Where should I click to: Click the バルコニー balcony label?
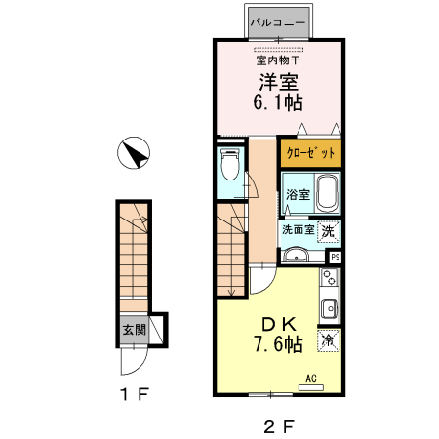tap(278, 22)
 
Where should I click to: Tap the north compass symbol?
tap(134, 152)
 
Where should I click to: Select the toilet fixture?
tap(230, 164)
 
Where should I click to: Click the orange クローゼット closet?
tap(310, 153)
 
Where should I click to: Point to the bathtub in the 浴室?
tap(328, 193)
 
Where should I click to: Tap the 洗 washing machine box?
tap(328, 231)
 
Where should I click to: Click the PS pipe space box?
tap(335, 258)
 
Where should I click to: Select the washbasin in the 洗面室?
tap(296, 255)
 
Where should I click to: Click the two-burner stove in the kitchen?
tap(330, 277)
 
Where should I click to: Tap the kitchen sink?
tap(330, 308)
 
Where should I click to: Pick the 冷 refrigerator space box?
tap(328, 340)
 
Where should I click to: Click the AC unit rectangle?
tap(311, 387)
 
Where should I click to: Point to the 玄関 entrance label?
tap(134, 330)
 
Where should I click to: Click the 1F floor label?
tap(135, 394)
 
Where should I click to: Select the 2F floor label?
tap(279, 426)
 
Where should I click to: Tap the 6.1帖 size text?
tap(278, 102)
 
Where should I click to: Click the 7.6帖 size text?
tap(279, 344)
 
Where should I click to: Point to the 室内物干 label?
tap(278, 60)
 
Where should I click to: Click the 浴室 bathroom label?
tap(298, 194)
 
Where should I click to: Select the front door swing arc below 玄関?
tap(139, 368)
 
